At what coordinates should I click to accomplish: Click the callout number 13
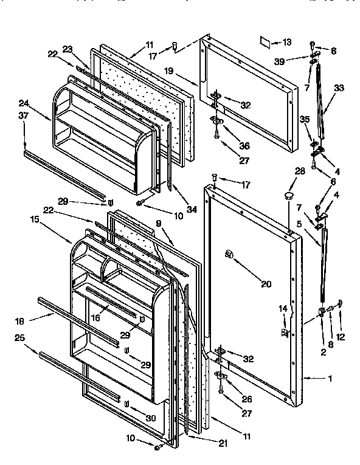286,42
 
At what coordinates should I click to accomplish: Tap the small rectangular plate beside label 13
265,42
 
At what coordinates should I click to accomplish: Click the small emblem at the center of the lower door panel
229,254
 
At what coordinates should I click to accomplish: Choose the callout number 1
330,379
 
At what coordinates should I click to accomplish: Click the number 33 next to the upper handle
339,88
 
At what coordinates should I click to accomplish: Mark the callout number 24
24,103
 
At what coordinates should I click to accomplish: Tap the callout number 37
24,115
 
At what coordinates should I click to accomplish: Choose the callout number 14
282,309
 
